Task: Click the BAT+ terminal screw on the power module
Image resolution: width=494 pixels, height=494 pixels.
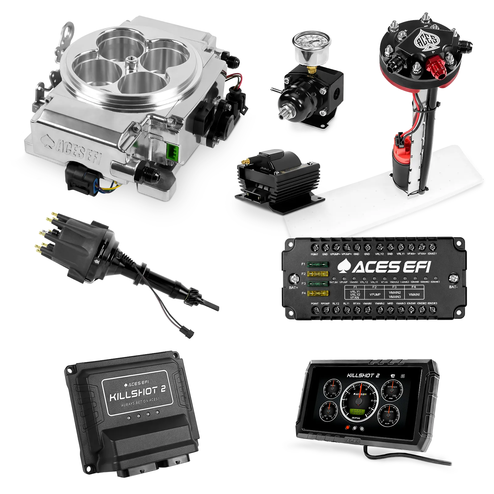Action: pyautogui.click(x=293, y=279)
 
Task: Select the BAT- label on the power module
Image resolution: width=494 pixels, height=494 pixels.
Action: pyautogui.click(x=453, y=287)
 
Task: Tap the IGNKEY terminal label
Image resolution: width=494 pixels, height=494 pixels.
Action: pyautogui.click(x=432, y=254)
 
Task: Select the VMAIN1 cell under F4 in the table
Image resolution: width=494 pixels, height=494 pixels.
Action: pyautogui.click(x=414, y=294)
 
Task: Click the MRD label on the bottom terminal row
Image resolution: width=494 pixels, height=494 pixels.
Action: pyautogui.click(x=390, y=304)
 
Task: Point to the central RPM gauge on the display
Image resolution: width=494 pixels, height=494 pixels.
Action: pyautogui.click(x=359, y=401)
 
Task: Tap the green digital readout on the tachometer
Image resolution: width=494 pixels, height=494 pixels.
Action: pyautogui.click(x=358, y=412)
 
